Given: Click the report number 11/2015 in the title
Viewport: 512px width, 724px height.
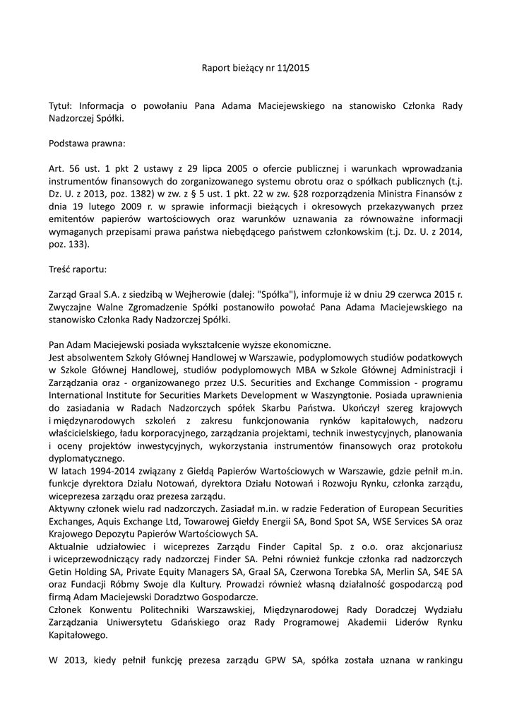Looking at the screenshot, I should pyautogui.click(x=292, y=69).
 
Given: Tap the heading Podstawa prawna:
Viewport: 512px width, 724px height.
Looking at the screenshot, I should pyautogui.click(x=87, y=143).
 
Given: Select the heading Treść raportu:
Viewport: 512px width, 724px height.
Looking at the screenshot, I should pyautogui.click(x=79, y=269).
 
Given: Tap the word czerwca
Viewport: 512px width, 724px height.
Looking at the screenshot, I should pyautogui.click(x=400, y=295).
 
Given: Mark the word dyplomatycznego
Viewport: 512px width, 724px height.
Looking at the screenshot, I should pyautogui.click(x=88, y=457).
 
